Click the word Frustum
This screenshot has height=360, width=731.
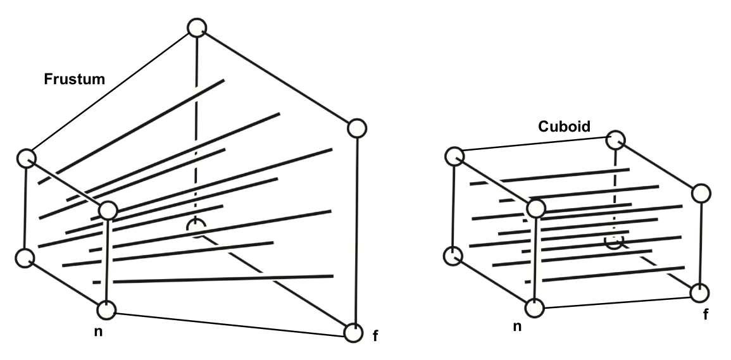(74, 79)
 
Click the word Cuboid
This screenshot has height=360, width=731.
(564, 127)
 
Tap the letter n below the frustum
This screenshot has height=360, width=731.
(98, 332)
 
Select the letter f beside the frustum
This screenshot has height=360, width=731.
(375, 335)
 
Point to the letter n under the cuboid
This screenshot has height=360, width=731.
(517, 326)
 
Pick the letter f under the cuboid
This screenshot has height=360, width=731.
(705, 315)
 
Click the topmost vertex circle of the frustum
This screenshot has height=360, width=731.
(197, 27)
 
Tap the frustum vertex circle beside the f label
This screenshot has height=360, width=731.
(353, 333)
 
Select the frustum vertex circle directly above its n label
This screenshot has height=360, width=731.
(106, 310)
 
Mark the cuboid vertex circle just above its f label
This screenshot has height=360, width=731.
(699, 293)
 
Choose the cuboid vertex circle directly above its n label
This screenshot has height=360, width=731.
(534, 308)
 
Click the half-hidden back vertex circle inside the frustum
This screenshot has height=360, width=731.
(196, 227)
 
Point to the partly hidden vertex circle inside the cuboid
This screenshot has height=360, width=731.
(614, 240)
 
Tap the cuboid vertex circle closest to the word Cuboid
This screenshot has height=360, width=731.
(616, 140)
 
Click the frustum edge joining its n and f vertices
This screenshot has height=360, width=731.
(229, 322)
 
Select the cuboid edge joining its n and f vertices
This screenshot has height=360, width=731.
(617, 301)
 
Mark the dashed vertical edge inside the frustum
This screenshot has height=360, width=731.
(196, 127)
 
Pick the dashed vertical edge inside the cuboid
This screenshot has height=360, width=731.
(615, 190)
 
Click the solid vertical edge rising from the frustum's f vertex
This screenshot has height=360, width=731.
(356, 230)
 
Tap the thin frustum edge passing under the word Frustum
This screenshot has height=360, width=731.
(111, 91)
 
